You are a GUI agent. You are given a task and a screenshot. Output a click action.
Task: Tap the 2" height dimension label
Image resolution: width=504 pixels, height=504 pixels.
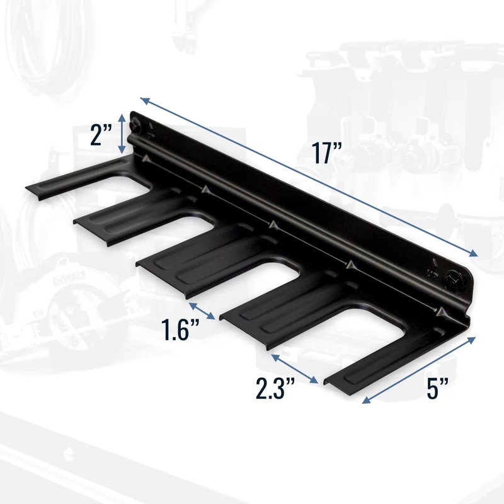101,135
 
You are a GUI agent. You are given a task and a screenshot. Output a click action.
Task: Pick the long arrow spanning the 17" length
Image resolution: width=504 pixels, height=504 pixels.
309,177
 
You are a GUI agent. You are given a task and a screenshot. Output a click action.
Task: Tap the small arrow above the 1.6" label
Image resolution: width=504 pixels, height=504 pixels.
202,311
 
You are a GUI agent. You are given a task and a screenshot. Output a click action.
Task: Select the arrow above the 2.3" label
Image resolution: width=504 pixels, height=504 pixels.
294,368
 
